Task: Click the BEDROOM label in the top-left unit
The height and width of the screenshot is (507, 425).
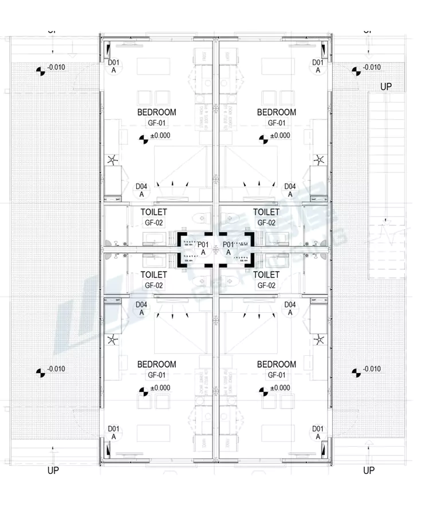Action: (156, 112)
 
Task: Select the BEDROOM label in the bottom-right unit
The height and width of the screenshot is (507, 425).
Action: (277, 364)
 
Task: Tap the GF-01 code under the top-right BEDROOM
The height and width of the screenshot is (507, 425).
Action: (277, 123)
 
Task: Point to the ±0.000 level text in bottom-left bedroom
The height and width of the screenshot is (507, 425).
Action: (160, 388)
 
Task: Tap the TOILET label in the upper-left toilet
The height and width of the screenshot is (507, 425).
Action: (154, 213)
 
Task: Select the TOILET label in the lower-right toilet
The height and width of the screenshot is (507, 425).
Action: (266, 275)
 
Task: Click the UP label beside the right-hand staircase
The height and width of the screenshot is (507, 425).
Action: (387, 87)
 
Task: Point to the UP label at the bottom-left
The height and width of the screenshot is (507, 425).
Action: (53, 470)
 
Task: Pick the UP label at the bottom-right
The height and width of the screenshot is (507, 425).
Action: (369, 470)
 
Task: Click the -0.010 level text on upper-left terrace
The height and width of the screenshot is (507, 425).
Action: (56, 68)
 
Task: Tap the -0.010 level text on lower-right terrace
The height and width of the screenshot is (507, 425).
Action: (372, 368)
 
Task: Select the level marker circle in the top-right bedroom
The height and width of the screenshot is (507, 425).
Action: (263, 139)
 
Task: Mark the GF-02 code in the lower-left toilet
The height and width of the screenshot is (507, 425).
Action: (154, 285)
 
